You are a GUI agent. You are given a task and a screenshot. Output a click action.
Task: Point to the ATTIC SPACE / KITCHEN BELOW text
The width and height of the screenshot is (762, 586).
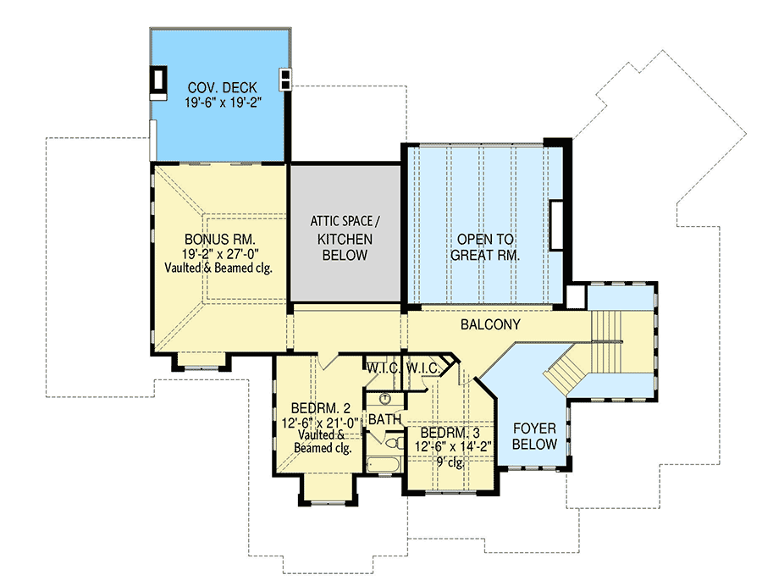pos(345,238)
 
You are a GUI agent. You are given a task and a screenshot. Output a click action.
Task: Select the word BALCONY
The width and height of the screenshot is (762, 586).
pos(490,324)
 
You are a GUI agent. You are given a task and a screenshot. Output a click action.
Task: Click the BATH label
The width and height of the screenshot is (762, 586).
pos(384,419)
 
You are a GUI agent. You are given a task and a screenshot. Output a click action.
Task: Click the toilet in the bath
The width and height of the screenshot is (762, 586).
pos(392,441)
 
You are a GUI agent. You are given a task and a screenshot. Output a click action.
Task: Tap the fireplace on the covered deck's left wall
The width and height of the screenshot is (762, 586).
pos(158,80)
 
